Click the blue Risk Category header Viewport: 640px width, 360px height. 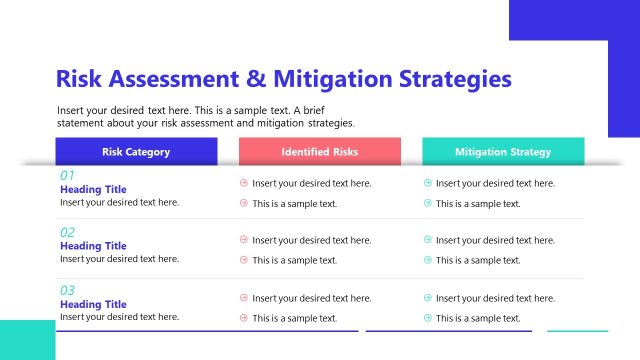pyautogui.click(x=136, y=152)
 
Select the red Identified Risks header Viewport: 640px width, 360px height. pyautogui.click(x=320, y=152)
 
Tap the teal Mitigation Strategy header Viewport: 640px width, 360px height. pyautogui.click(x=503, y=152)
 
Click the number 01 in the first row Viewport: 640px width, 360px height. pyautogui.click(x=68, y=175)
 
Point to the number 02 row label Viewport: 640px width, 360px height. pyautogui.click(x=68, y=232)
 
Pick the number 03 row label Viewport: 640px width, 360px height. pyautogui.click(x=68, y=290)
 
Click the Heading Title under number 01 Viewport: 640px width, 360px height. pyautogui.click(x=93, y=189)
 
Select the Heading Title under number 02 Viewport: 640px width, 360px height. pyautogui.click(x=93, y=246)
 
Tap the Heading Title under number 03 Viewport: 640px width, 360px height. pyautogui.click(x=93, y=304)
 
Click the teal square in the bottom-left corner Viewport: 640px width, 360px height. pyautogui.click(x=27, y=340)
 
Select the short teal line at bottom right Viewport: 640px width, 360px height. pyautogui.click(x=577, y=330)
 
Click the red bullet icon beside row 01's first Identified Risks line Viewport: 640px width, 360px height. pyautogui.click(x=244, y=183)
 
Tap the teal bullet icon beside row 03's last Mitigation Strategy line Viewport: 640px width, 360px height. pyautogui.click(x=428, y=318)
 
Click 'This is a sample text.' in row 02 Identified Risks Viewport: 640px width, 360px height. pyautogui.click(x=294, y=260)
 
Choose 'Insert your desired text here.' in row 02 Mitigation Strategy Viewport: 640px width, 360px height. pyautogui.click(x=495, y=240)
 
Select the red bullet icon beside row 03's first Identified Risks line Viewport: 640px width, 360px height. pyautogui.click(x=244, y=298)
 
